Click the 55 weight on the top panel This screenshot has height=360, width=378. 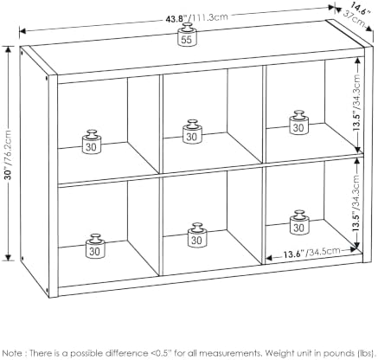click(x=187, y=35)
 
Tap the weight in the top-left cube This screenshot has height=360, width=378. click(x=92, y=142)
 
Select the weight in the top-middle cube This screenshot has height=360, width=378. click(x=192, y=132)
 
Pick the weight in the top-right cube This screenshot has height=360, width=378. click(x=299, y=122)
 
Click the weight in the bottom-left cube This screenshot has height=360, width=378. click(x=95, y=246)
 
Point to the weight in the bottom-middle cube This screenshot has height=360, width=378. click(x=197, y=235)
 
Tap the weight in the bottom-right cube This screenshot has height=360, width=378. click(x=299, y=222)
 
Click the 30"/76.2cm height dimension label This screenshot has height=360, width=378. click(x=9, y=155)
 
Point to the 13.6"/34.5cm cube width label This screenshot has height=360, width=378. click(x=311, y=253)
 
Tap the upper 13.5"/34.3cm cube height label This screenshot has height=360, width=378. click(x=357, y=103)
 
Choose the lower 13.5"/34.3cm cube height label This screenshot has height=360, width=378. click(x=356, y=202)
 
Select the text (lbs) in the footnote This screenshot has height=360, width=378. click(x=367, y=353)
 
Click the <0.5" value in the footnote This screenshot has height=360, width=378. click(x=161, y=353)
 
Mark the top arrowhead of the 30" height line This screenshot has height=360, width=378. click(x=9, y=49)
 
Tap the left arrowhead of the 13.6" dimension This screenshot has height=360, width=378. click(x=269, y=258)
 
